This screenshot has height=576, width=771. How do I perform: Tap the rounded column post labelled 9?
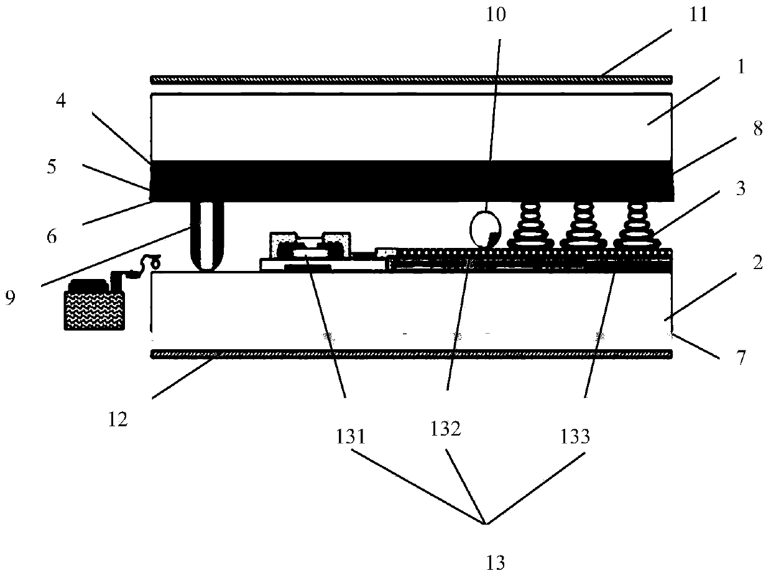pos(206,236)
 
